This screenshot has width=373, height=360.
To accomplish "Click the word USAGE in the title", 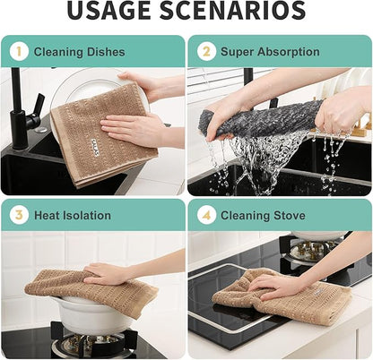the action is pyautogui.click(x=109, y=11).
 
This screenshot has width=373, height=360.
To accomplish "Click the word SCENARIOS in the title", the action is pyautogui.click(x=233, y=11).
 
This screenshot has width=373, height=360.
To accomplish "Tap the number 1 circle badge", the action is pyautogui.click(x=19, y=51).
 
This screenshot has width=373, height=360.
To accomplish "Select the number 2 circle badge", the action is pyautogui.click(x=206, y=51).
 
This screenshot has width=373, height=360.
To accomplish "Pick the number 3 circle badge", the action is pyautogui.click(x=19, y=215).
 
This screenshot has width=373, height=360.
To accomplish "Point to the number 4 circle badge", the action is pyautogui.click(x=206, y=215).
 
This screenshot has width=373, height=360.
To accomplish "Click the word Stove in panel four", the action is pyautogui.click(x=290, y=215).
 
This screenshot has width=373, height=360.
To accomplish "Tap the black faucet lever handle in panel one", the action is pyautogui.click(x=38, y=105).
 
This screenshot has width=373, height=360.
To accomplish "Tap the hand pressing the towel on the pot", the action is pyautogui.click(x=105, y=274).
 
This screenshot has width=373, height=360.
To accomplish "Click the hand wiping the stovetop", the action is pyautogui.click(x=275, y=286).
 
